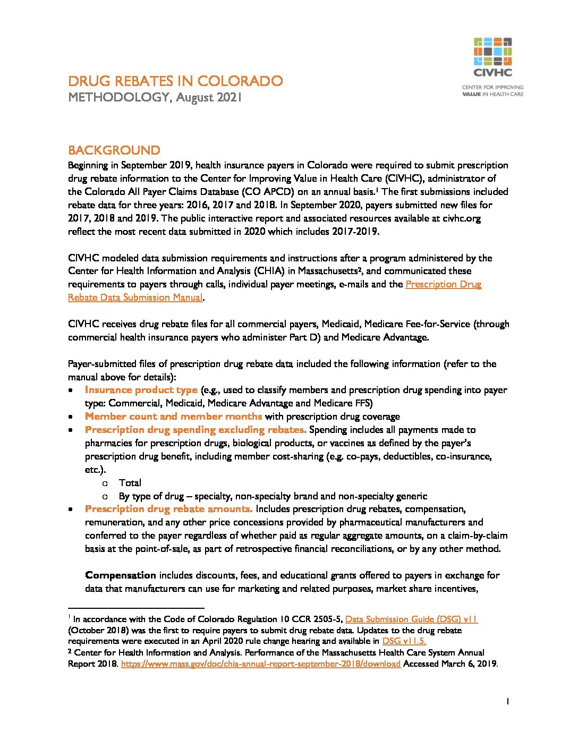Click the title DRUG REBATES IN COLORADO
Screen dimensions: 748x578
(x=175, y=81)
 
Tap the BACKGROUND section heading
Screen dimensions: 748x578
(x=114, y=150)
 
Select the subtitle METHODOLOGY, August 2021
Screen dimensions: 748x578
(x=155, y=98)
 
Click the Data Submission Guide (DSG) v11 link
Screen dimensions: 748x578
(x=411, y=619)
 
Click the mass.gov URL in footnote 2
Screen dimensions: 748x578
(x=260, y=664)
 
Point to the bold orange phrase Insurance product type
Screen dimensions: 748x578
(x=141, y=390)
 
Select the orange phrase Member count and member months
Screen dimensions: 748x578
(x=173, y=416)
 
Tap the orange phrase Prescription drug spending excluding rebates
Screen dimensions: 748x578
(x=195, y=430)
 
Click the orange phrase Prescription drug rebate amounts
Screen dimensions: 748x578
(x=168, y=509)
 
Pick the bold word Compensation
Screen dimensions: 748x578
(x=121, y=575)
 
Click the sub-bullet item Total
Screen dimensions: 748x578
(x=130, y=483)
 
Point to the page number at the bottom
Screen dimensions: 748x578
(x=508, y=702)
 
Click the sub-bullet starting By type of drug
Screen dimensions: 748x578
(x=273, y=496)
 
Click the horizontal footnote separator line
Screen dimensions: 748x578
(x=136, y=608)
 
